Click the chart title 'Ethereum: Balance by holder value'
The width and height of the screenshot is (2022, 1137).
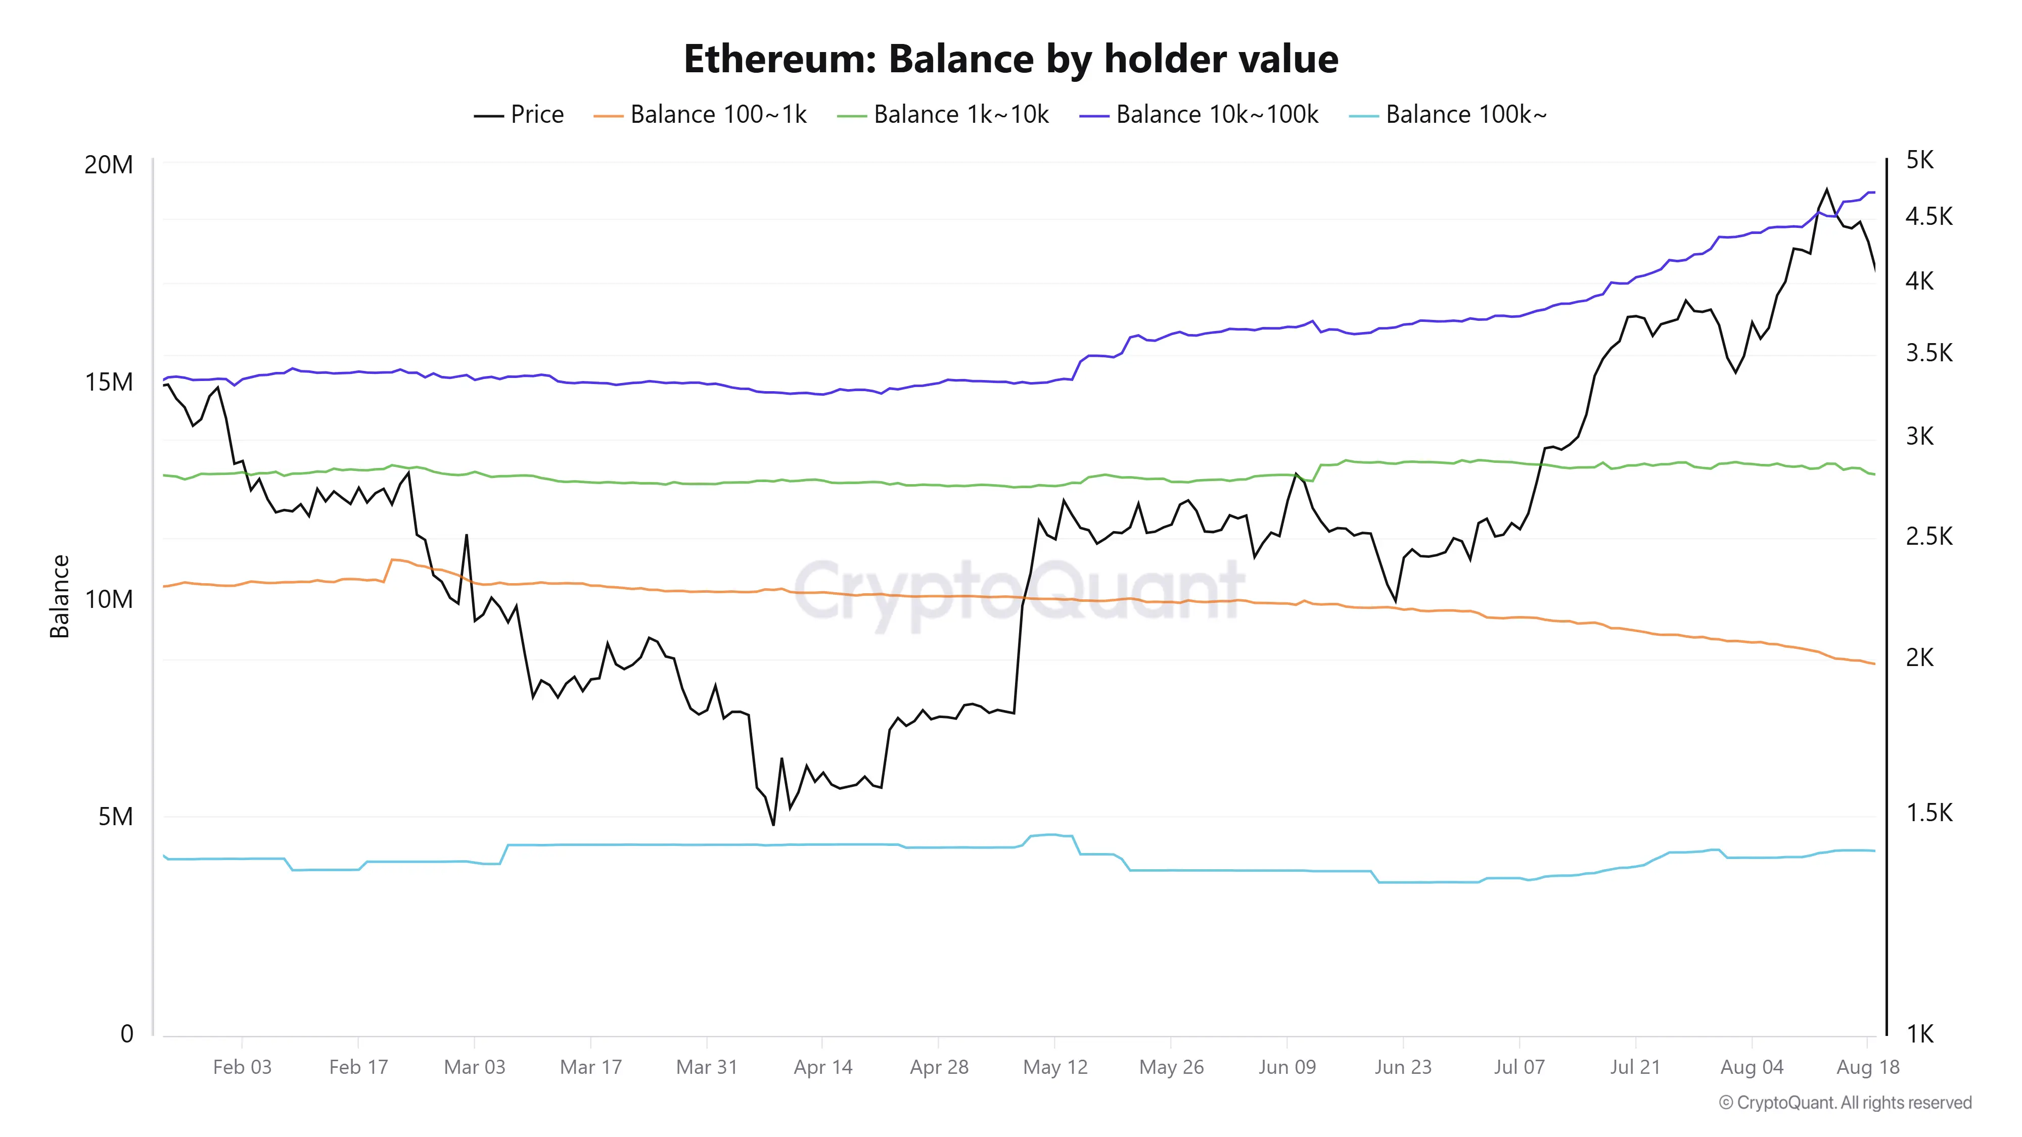pos(1011,59)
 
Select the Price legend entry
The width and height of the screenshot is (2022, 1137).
pos(519,115)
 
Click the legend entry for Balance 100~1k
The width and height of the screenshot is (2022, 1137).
pos(700,115)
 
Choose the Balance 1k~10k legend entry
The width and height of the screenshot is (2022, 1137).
pos(943,115)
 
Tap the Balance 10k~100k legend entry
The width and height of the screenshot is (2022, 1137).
pos(1199,115)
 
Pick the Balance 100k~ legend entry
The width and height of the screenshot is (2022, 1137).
pos(1447,115)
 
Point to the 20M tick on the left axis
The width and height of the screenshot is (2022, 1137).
pos(108,165)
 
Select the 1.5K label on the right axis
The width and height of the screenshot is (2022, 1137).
pos(1928,812)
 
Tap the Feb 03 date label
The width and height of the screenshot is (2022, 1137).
pos(242,1067)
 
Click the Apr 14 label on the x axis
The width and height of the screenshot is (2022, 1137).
pos(822,1067)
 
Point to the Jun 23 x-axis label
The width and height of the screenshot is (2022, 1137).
pos(1403,1067)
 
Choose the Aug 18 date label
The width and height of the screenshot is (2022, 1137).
pos(1868,1067)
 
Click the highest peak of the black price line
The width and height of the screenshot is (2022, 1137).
pos(1826,189)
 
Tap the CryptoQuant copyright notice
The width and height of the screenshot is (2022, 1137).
pos(1846,1103)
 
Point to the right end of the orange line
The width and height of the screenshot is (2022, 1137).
pos(1874,664)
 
